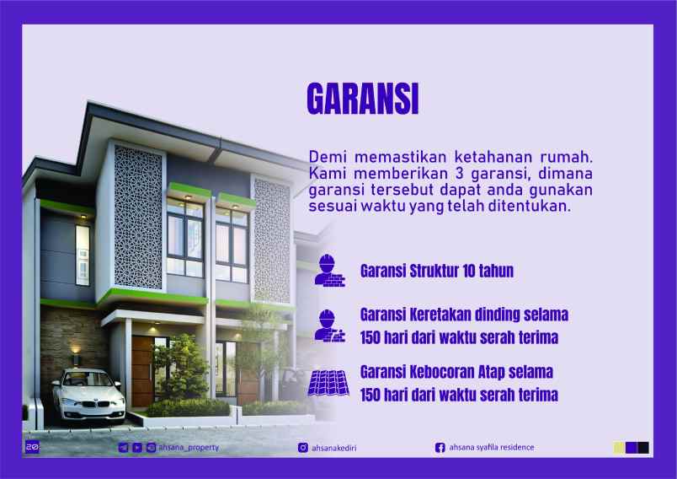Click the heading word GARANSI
pyautogui.click(x=361, y=100)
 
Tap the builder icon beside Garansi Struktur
pyautogui.click(x=329, y=269)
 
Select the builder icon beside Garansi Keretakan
pyautogui.click(x=329, y=325)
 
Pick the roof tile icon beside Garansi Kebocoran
pyautogui.click(x=329, y=382)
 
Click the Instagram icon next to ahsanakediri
pyautogui.click(x=303, y=448)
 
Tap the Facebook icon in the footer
pyautogui.click(x=440, y=448)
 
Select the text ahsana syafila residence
pyautogui.click(x=492, y=447)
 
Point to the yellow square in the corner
pyautogui.click(x=620, y=448)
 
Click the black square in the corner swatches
pyautogui.click(x=643, y=448)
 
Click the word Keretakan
pyautogui.click(x=439, y=315)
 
